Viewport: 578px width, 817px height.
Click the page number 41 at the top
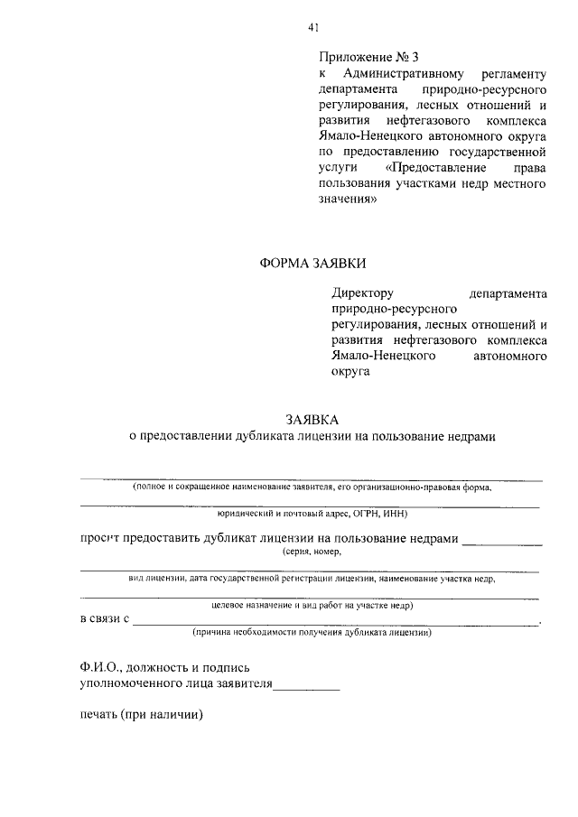(312, 28)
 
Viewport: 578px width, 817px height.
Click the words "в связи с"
(106, 619)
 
